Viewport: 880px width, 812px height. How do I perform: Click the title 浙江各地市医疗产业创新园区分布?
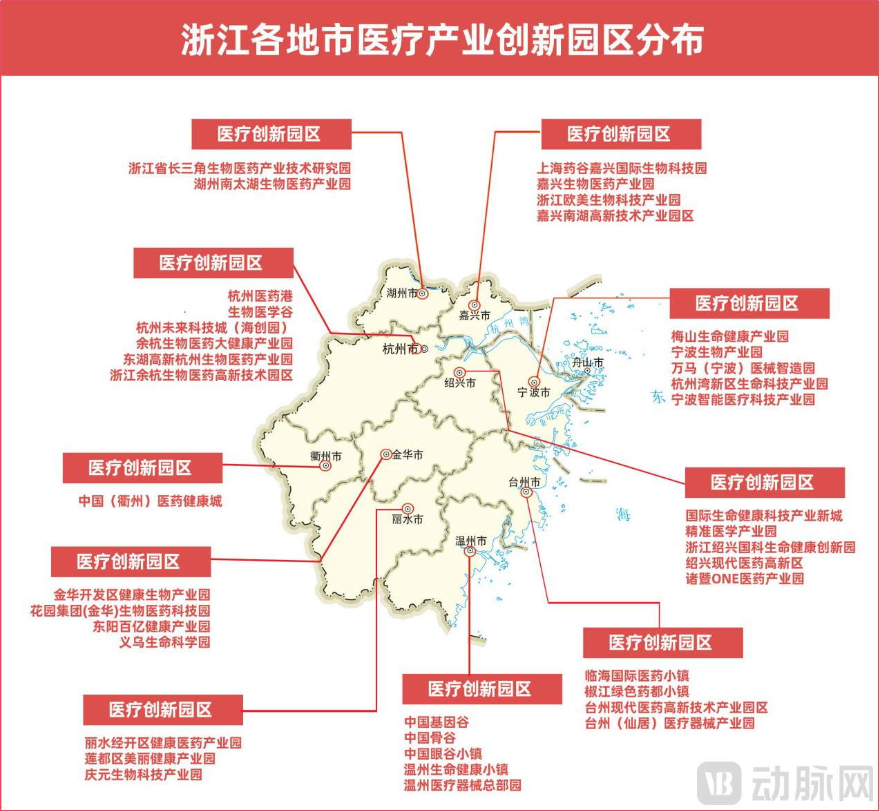[442, 39]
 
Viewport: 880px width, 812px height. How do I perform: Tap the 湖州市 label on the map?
[402, 293]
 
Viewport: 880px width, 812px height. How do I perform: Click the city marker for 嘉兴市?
[475, 305]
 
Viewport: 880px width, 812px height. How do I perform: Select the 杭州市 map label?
[400, 349]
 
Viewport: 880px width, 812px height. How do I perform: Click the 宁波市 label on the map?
[534, 392]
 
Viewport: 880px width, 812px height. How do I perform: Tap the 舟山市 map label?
[588, 362]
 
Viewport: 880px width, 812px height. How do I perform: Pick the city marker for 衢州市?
[326, 466]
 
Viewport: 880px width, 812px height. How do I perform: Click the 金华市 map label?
[408, 454]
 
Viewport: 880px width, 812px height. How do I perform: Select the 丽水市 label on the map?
[408, 519]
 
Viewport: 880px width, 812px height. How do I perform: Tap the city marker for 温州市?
[470, 551]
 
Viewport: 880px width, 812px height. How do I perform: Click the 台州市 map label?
[524, 482]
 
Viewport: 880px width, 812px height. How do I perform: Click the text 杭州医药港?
[260, 296]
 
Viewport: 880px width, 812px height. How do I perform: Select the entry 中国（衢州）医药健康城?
[150, 501]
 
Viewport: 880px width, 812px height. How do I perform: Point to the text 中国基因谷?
[437, 722]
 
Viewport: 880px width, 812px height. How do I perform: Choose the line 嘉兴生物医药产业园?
[595, 184]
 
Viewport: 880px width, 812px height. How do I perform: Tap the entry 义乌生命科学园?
[164, 642]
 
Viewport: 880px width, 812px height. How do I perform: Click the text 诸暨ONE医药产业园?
[745, 579]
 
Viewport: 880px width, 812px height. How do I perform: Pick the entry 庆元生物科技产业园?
[144, 775]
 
